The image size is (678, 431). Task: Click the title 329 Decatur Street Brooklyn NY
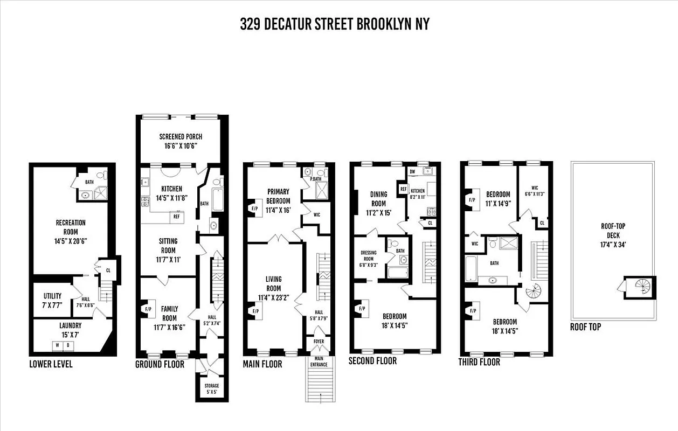point(335,24)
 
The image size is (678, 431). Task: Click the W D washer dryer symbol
point(64,345)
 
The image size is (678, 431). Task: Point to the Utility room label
point(52,300)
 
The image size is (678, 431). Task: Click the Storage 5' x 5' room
point(211,388)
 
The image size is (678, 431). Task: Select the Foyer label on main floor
point(320,342)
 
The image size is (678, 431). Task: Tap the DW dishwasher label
point(413,171)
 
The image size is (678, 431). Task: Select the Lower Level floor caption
point(51,364)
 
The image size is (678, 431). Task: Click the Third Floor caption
point(479,362)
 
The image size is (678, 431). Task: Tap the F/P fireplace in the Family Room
point(148,309)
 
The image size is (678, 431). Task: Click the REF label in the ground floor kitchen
point(176,217)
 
